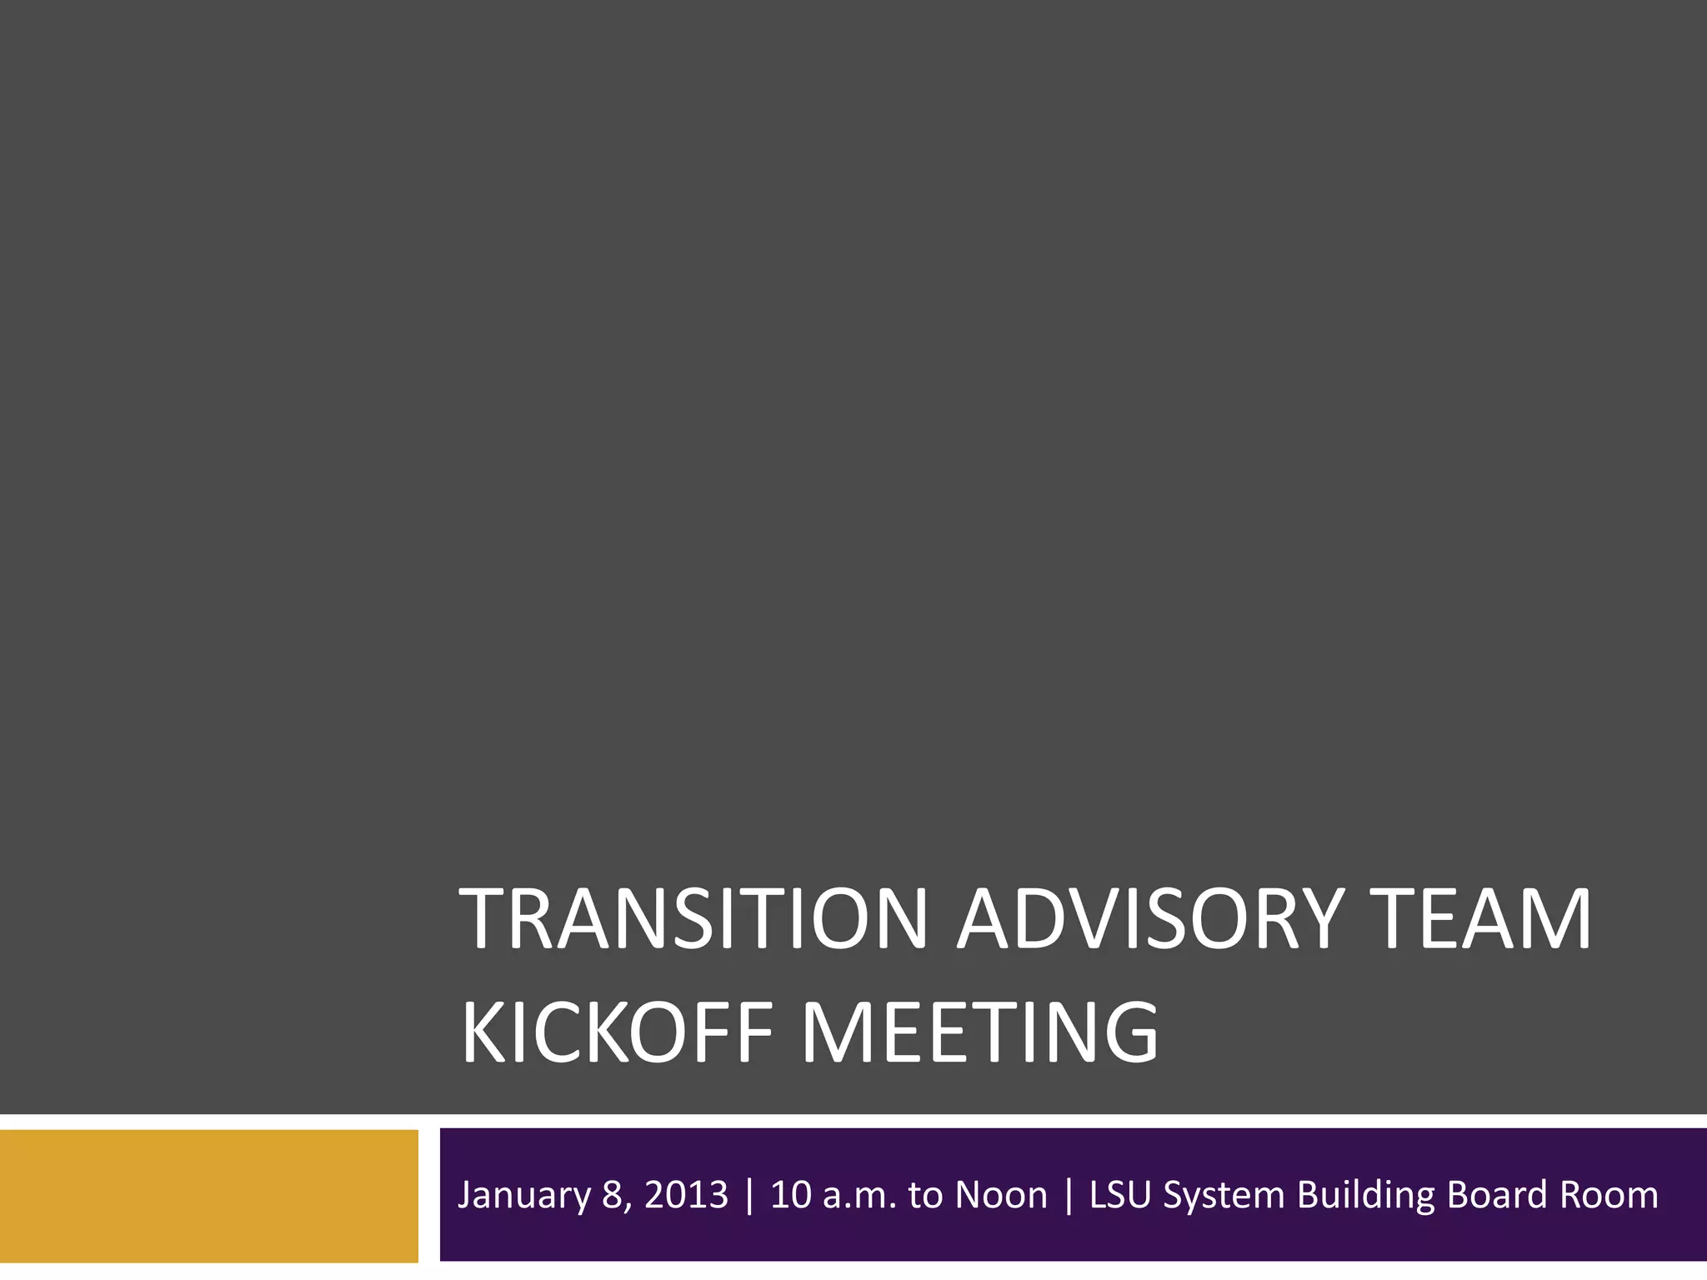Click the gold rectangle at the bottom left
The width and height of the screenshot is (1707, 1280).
[x=208, y=1195]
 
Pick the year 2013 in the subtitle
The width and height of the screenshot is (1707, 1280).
[x=687, y=1195]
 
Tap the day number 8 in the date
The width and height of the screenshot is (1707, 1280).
[x=613, y=1195]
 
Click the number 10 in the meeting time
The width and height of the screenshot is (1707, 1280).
[x=791, y=1195]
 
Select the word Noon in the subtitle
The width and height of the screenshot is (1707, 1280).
[x=1001, y=1195]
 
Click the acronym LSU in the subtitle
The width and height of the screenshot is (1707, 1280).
[x=1122, y=1195]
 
